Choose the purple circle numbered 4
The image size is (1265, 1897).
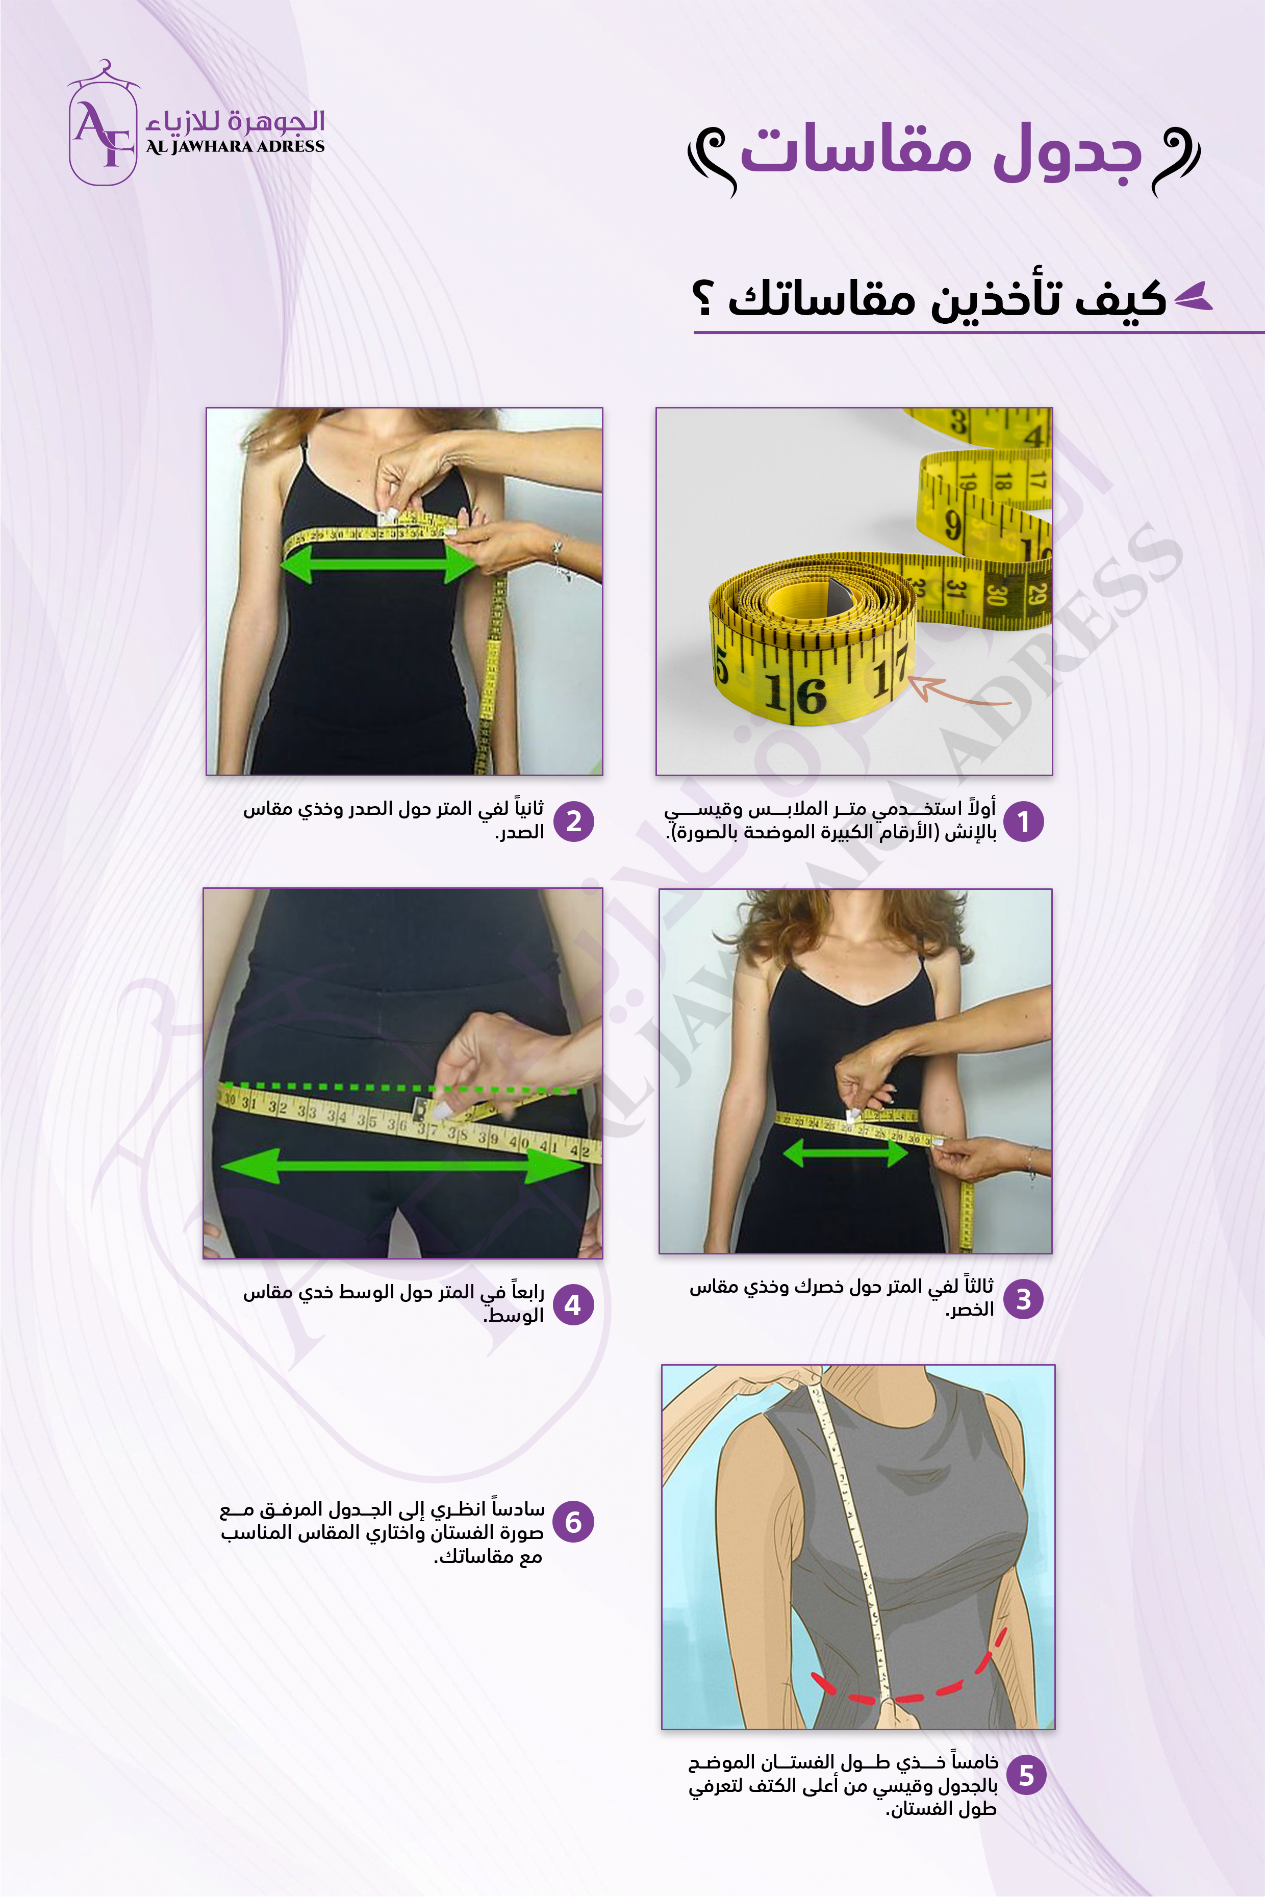573,1305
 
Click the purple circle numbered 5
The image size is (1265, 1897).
1025,1775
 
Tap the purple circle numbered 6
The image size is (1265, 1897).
573,1522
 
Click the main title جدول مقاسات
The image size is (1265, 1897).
941,151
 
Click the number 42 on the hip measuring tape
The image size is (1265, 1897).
579,1150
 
